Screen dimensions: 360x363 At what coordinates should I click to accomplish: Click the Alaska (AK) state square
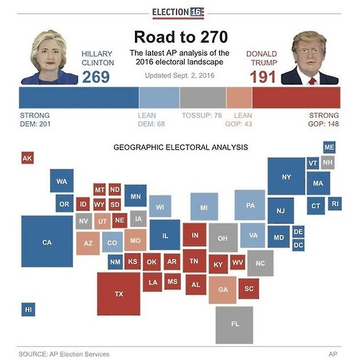pyautogui.click(x=27, y=158)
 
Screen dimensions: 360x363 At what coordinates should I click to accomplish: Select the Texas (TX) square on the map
pyautogui.click(x=118, y=294)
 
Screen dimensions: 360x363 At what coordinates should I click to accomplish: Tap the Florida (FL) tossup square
pyautogui.click(x=234, y=325)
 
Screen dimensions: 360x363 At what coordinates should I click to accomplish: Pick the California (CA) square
pyautogui.click(x=47, y=241)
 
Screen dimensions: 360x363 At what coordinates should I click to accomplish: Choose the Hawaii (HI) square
pyautogui.click(x=28, y=310)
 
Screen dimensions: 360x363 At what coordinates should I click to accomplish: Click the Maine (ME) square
pyautogui.click(x=329, y=147)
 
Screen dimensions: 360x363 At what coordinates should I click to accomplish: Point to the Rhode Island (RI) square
pyautogui.click(x=335, y=204)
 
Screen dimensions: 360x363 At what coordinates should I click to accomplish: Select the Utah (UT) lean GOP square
pyautogui.click(x=102, y=221)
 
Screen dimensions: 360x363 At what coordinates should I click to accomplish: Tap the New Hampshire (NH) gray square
pyautogui.click(x=328, y=162)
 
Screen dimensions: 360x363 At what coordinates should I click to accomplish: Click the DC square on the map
pyautogui.click(x=299, y=245)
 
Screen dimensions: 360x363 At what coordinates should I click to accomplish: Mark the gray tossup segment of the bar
pyautogui.click(x=203, y=97)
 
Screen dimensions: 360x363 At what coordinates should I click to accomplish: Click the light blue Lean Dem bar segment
pyautogui.click(x=159, y=97)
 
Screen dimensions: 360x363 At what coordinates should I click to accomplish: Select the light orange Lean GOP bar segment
pyautogui.click(x=240, y=97)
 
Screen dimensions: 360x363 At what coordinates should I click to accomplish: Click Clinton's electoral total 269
pyautogui.click(x=96, y=77)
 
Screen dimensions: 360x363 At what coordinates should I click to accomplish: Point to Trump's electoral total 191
pyautogui.click(x=263, y=77)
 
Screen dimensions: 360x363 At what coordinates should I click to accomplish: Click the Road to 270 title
pyautogui.click(x=181, y=37)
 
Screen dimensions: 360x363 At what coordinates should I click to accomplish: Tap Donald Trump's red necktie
pyautogui.click(x=312, y=81)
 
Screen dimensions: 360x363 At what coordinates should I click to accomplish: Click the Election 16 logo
pyautogui.click(x=178, y=12)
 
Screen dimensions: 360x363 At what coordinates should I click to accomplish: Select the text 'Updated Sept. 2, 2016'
pyautogui.click(x=180, y=76)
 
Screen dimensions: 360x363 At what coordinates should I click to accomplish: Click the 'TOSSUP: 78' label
pyautogui.click(x=202, y=115)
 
